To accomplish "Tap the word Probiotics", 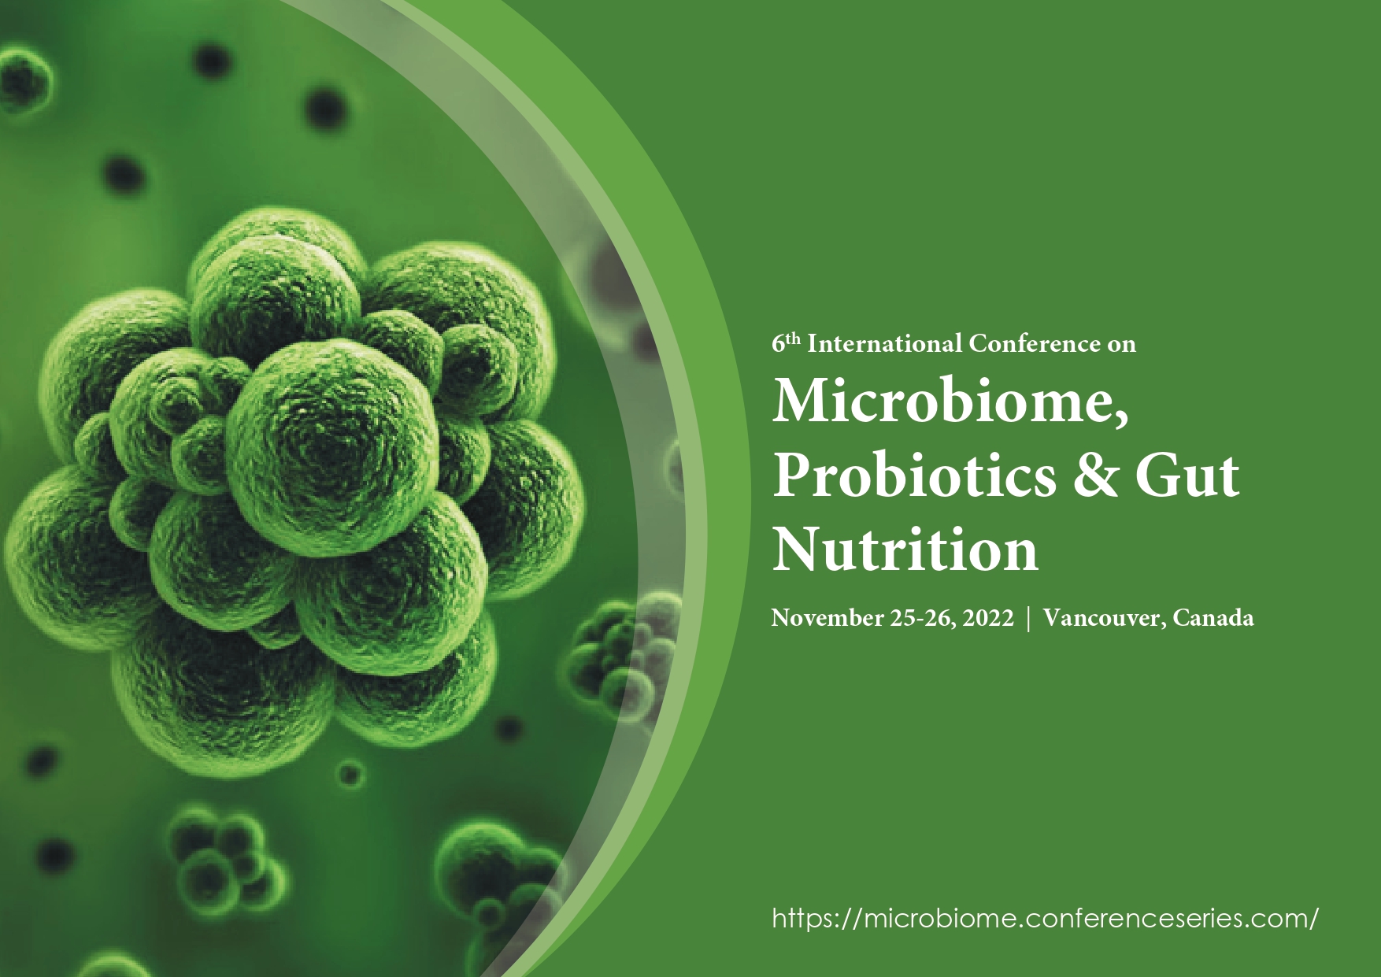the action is click(x=914, y=476).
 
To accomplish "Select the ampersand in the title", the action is click(x=1095, y=476).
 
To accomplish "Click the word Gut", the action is click(x=1187, y=476).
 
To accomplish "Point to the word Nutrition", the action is click(x=905, y=549).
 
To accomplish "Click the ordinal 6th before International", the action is click(x=786, y=342).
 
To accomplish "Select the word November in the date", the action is click(x=827, y=617).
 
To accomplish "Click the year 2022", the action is click(x=988, y=617).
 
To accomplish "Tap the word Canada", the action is click(x=1213, y=617).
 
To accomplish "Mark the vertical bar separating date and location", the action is click(x=1028, y=618).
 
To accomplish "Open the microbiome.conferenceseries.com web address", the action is click(x=1045, y=918).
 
